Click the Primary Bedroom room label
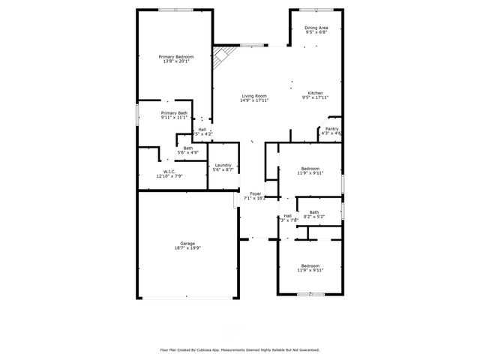click(x=175, y=57)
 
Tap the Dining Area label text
click(x=316, y=28)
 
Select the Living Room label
click(x=254, y=95)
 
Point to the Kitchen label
click(x=316, y=93)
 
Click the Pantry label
click(x=331, y=128)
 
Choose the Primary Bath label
click(x=173, y=113)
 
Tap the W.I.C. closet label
click(x=169, y=171)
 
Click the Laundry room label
click(x=223, y=166)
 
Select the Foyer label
click(x=256, y=193)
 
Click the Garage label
click(x=187, y=244)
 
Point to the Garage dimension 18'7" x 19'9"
click(x=187, y=248)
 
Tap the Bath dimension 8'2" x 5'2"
click(x=313, y=217)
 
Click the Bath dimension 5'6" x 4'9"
click(x=187, y=152)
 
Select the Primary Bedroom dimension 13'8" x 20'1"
click(x=175, y=61)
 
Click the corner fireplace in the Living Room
click(x=220, y=57)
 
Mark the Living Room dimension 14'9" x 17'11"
click(x=254, y=100)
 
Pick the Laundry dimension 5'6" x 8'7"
click(x=223, y=170)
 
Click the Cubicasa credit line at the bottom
click(x=239, y=349)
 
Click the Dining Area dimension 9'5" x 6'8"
click(x=316, y=32)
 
